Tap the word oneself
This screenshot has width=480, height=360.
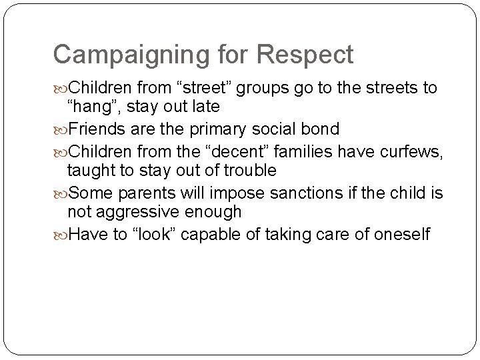point(397,235)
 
